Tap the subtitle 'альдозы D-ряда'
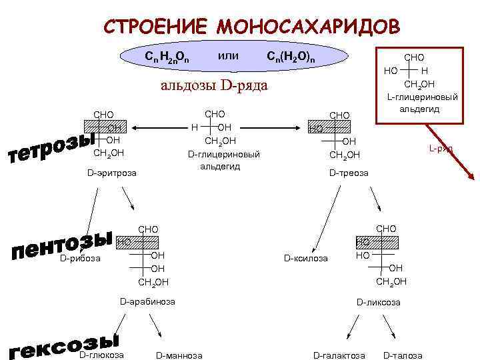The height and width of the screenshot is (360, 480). [214, 85]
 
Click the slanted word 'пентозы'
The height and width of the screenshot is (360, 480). [61, 243]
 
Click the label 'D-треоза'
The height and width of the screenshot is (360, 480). [349, 173]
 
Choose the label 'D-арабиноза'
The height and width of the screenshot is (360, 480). [147, 302]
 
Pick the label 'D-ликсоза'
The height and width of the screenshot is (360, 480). [379, 302]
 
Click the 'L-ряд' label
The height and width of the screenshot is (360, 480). [441, 149]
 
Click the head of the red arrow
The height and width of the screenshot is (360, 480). [471, 177]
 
